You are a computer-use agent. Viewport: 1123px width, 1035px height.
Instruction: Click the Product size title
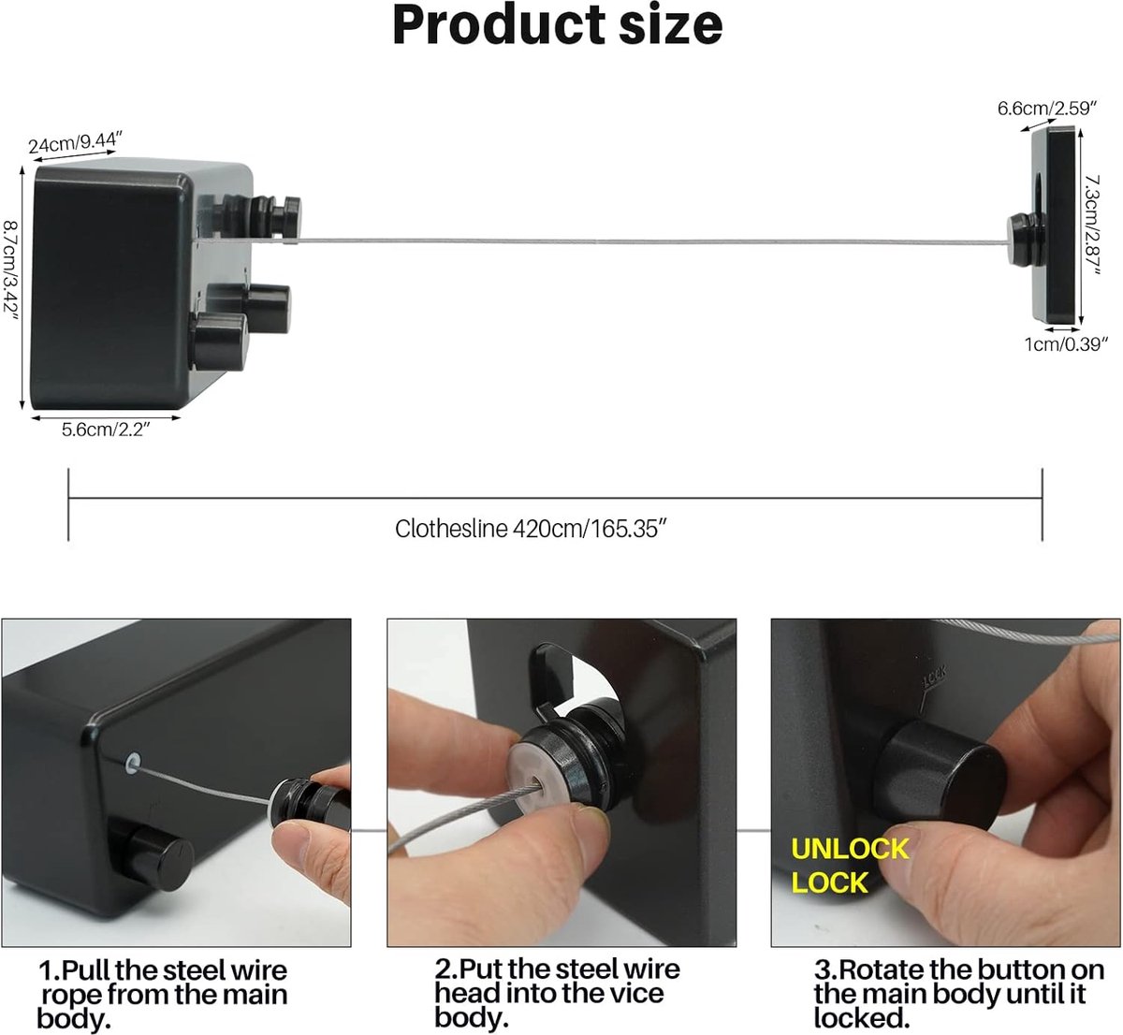558,26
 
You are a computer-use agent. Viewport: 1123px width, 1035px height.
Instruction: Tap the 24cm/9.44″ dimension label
75,142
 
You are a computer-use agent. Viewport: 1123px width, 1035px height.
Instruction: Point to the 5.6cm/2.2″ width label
107,430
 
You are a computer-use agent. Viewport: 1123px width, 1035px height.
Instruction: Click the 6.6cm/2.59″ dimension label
1046,109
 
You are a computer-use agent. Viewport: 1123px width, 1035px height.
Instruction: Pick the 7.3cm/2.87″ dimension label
1094,226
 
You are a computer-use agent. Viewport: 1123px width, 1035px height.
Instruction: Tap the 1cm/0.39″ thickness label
1066,343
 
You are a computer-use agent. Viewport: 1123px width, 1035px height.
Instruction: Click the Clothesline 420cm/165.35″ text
532,529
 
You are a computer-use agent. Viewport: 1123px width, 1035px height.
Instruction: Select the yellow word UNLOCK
850,849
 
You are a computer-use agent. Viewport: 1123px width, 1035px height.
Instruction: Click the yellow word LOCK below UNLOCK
829,883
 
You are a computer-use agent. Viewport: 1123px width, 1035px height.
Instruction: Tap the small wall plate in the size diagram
1053,226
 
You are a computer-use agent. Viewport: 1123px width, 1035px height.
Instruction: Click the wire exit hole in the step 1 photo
133,762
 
